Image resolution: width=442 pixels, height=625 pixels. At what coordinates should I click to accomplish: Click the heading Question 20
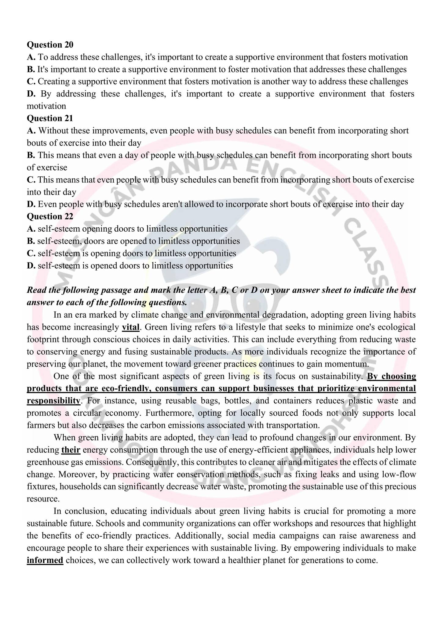(x=50, y=45)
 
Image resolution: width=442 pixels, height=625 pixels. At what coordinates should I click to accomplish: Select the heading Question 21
(x=50, y=118)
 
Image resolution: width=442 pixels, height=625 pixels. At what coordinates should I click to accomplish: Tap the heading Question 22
(x=50, y=216)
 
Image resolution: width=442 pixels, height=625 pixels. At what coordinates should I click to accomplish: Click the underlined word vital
(x=131, y=327)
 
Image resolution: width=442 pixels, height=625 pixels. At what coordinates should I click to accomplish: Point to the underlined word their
(x=71, y=450)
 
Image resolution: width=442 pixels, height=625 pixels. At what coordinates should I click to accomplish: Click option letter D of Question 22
(x=31, y=266)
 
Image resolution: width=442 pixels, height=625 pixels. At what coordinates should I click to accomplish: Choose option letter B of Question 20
(x=31, y=70)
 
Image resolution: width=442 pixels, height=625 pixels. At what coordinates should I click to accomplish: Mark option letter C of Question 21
(x=31, y=180)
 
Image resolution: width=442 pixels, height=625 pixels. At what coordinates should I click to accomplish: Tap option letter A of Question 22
(x=31, y=229)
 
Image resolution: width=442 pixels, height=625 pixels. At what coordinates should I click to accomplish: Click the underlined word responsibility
(x=53, y=401)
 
